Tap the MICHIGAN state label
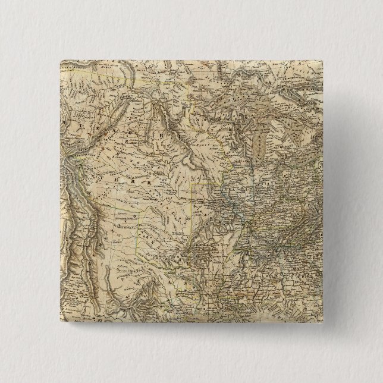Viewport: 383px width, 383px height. pos(284,145)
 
